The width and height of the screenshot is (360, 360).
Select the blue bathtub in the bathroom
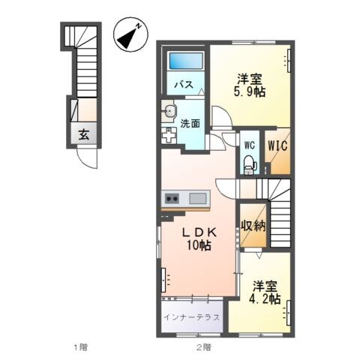pos(184,61)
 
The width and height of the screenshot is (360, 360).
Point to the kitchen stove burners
pos(172,198)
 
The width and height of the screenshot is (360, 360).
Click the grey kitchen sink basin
pos(198,198)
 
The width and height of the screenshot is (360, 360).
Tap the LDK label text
pos(196,232)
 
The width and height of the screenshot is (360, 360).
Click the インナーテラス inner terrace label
pos(193,317)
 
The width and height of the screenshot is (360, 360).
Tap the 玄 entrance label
pos(84,136)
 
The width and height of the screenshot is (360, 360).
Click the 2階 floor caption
pos(203,347)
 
